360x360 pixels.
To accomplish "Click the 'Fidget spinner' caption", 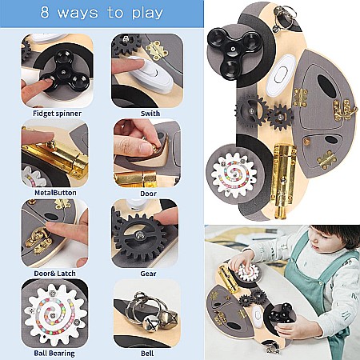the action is (x=57, y=114).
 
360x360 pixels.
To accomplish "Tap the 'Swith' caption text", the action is (x=150, y=114).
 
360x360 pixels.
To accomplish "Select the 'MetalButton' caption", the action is (x=55, y=193).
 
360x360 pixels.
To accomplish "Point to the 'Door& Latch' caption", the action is (x=54, y=274).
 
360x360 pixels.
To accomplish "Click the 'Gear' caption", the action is (x=148, y=274).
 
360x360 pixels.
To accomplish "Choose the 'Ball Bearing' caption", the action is (x=54, y=354).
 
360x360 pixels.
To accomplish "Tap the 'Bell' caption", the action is (x=147, y=354).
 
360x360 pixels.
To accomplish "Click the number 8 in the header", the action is (x=45, y=13).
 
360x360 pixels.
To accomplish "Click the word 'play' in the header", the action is (x=147, y=14).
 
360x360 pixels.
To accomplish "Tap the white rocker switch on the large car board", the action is (x=280, y=75).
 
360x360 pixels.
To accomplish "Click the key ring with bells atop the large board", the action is (x=283, y=17).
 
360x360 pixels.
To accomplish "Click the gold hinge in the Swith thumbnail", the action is (x=157, y=50).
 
